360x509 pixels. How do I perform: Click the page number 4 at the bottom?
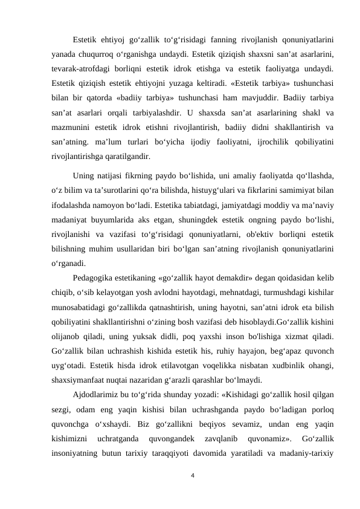(x=191, y=476)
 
